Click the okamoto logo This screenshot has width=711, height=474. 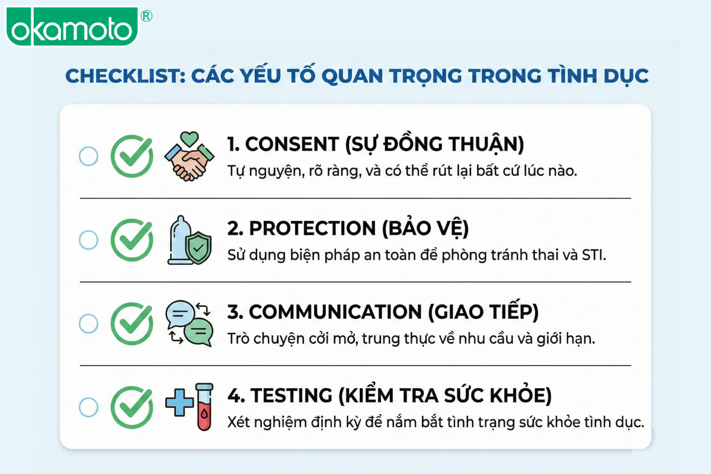72,27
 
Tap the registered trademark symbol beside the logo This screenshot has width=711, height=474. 146,16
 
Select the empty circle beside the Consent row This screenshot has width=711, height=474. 88,156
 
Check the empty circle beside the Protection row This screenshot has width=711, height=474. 88,240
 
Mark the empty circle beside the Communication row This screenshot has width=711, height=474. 88,324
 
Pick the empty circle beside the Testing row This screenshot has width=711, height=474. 88,407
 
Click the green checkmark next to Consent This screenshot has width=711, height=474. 132,156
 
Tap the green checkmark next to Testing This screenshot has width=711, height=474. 132,407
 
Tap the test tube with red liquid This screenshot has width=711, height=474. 204,406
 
